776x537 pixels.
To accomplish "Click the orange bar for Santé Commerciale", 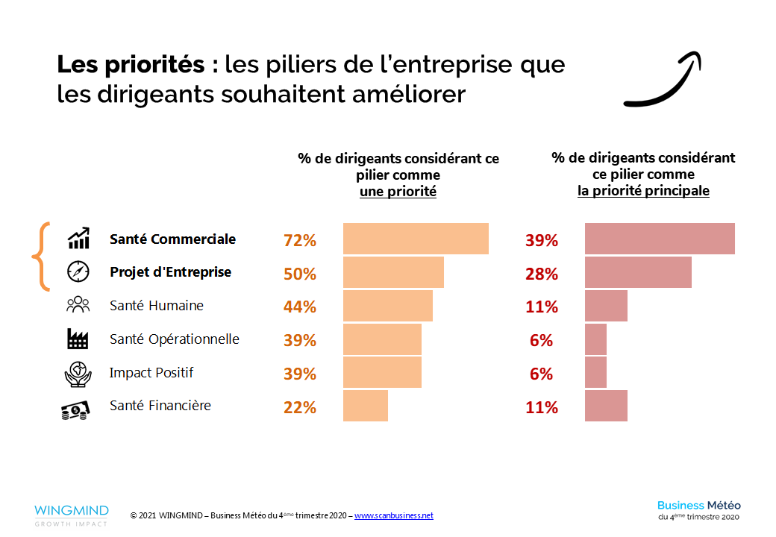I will [416, 239].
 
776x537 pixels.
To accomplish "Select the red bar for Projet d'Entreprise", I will [638, 272].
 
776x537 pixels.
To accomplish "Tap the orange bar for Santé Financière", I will [366, 406].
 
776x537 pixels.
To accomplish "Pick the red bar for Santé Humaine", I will [606, 306].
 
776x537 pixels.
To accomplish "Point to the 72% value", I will [300, 241].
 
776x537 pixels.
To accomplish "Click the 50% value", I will [300, 274].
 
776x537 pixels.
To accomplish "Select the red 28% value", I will [542, 274].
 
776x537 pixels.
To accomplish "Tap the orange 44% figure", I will [300, 307].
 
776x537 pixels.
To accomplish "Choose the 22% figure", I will [300, 407].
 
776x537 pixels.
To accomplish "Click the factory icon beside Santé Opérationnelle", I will [78, 339].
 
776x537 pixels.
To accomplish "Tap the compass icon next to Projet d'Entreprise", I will [78, 272].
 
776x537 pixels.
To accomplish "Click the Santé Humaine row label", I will [157, 306].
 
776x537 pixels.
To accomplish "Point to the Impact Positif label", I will [151, 372].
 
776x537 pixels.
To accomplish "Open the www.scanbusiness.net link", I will [393, 516].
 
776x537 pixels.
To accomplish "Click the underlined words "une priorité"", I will [398, 192].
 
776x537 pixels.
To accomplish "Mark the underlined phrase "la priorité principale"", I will [643, 191].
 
